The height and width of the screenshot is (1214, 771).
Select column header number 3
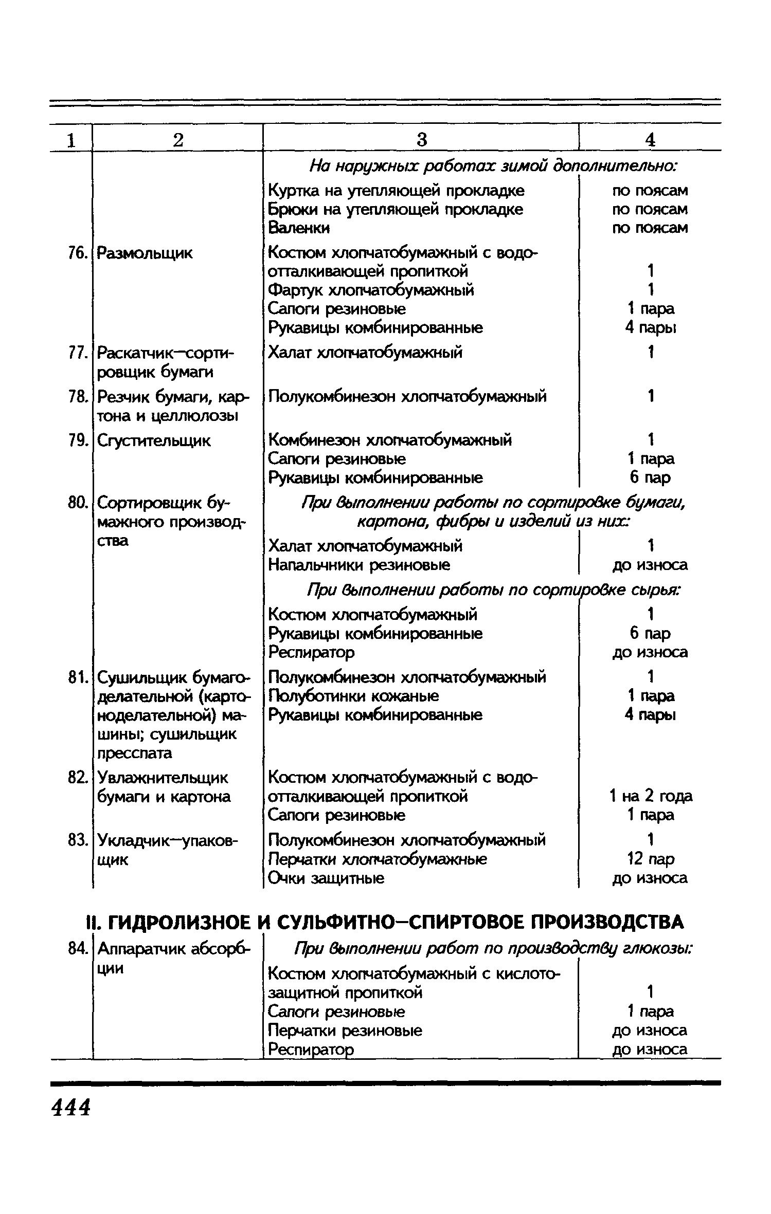click(x=422, y=139)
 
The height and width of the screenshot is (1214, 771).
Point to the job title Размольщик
click(x=145, y=253)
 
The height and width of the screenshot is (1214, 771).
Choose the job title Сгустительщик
click(x=154, y=440)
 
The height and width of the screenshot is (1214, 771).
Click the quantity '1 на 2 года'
click(x=651, y=796)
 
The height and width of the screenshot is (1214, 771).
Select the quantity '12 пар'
click(x=651, y=859)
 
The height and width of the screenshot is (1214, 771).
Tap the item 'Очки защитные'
click(x=326, y=878)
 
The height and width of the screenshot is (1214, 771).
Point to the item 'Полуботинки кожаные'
click(x=354, y=696)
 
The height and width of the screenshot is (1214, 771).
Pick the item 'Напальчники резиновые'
click(x=360, y=565)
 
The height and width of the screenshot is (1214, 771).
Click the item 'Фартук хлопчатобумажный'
click(x=371, y=290)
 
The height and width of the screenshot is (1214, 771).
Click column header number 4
click(x=651, y=139)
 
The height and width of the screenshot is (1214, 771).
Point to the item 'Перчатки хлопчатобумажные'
click(x=378, y=859)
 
